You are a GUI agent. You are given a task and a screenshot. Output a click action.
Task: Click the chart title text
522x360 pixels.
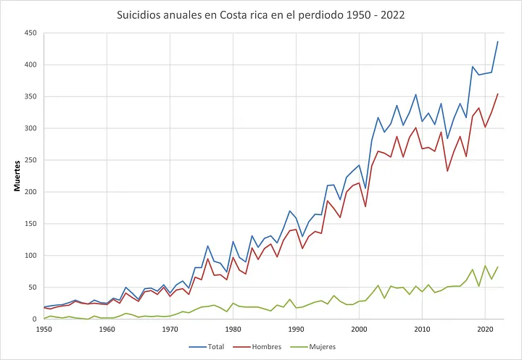point(261,14)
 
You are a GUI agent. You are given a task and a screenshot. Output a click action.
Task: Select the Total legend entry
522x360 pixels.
point(210,346)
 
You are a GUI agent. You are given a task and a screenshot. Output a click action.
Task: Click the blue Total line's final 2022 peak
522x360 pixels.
point(497,41)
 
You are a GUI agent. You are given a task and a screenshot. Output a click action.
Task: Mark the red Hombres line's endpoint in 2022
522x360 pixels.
point(497,93)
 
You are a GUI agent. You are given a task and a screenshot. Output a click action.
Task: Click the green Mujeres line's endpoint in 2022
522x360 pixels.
point(497,267)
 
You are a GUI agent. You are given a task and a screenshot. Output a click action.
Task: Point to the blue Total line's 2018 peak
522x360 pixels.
point(473,67)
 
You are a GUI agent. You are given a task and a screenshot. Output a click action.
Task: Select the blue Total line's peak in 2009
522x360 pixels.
point(415,94)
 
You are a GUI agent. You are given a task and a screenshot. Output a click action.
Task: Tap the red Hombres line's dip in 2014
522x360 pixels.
point(447,171)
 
